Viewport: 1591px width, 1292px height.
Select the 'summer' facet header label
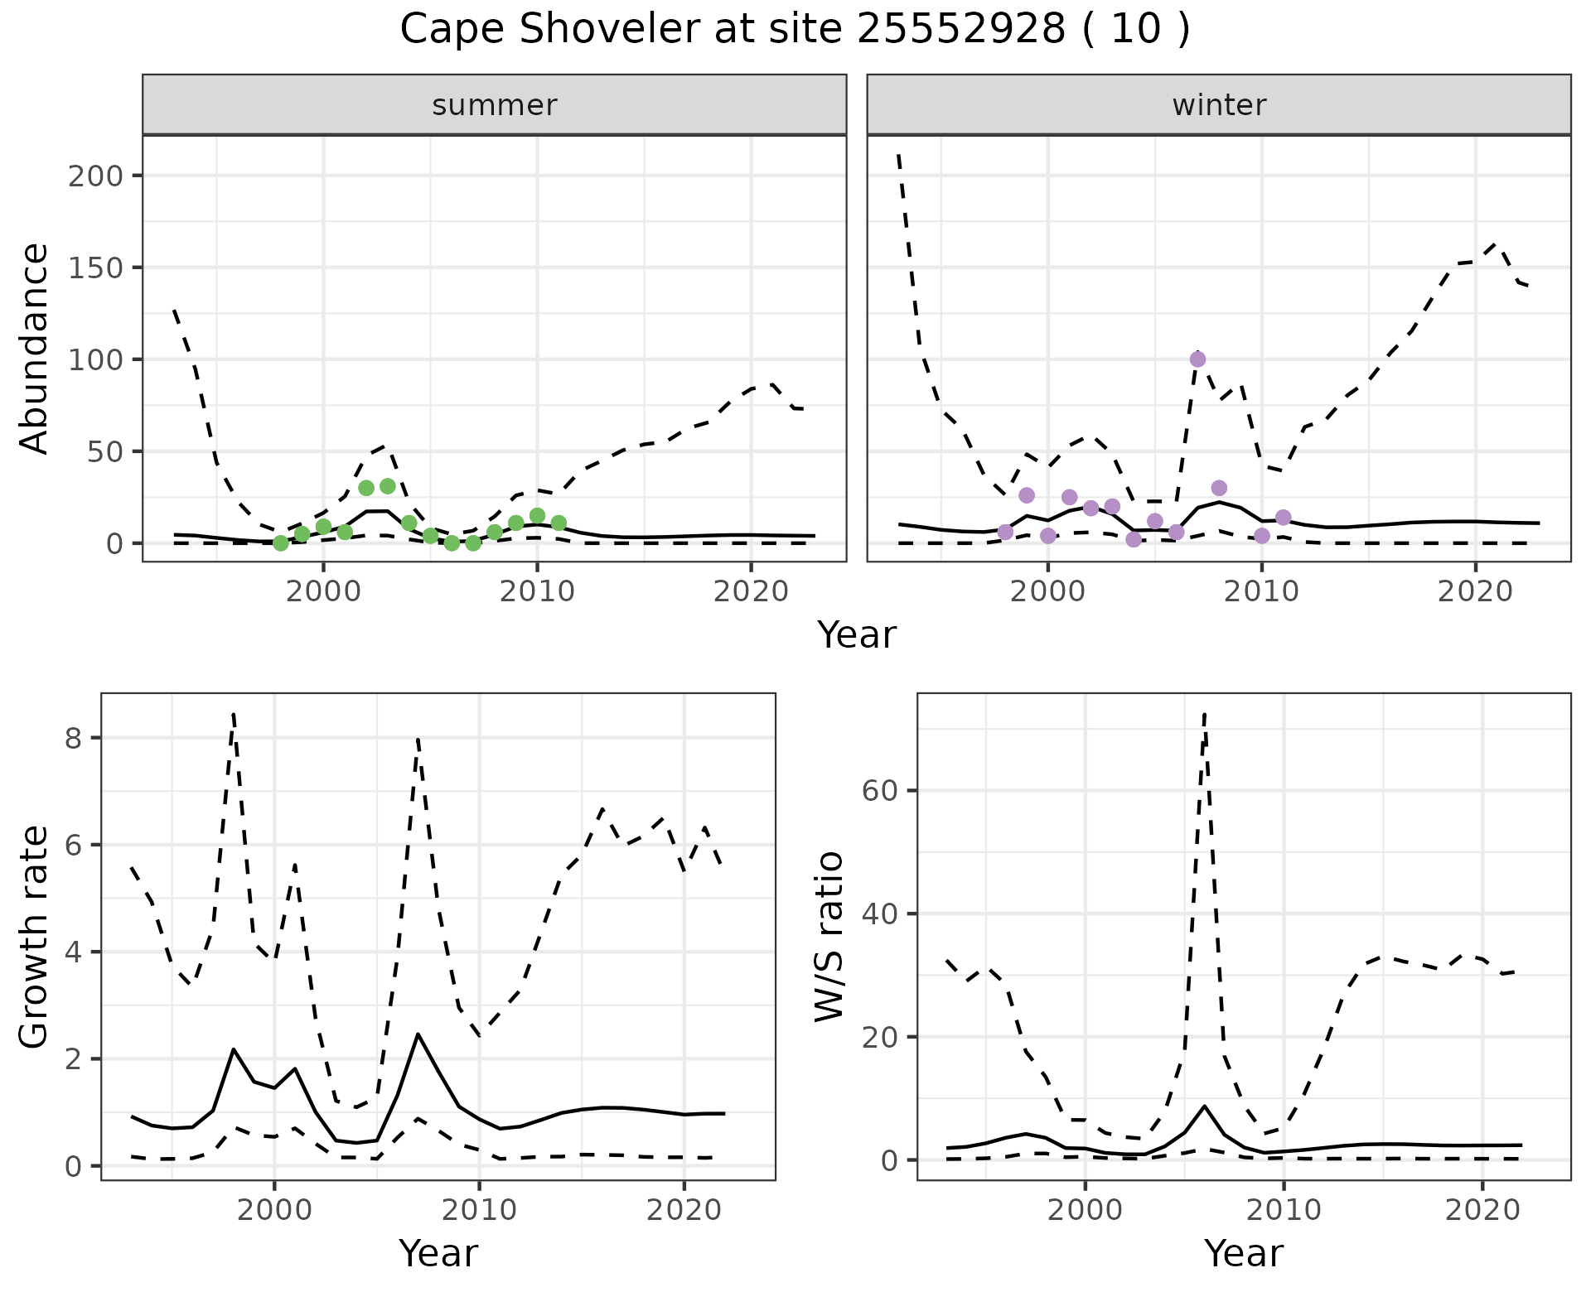click(495, 105)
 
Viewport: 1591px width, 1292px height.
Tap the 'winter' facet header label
click(1219, 105)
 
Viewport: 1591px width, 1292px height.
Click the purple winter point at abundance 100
click(1197, 359)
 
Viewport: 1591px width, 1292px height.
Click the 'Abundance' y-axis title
click(35, 349)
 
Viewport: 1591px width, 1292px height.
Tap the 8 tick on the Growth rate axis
click(73, 738)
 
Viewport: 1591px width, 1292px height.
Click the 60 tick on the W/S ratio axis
click(880, 791)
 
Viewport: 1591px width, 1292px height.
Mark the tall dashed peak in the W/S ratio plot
click(1204, 714)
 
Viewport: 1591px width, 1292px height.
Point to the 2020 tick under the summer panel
click(751, 592)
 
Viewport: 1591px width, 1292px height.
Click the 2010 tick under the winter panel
click(1261, 592)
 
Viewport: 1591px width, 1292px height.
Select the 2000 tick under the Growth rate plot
click(274, 1210)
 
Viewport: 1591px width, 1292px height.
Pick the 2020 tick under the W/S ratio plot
click(1482, 1210)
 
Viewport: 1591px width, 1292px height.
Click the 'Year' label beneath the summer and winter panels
click(857, 635)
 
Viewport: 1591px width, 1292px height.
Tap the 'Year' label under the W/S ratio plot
click(1243, 1254)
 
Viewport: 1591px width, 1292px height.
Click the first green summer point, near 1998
click(281, 543)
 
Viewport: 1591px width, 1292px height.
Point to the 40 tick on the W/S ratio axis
click(880, 914)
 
